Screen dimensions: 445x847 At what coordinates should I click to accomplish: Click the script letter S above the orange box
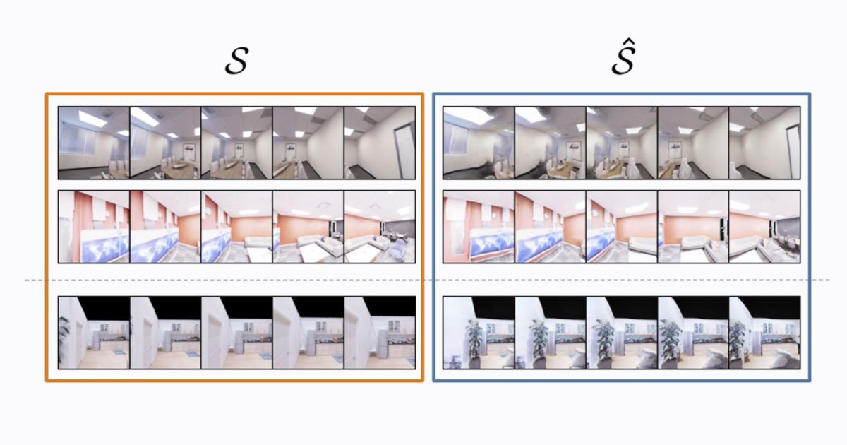[235, 62]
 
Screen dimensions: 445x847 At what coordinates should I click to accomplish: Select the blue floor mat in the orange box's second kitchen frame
[193, 355]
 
